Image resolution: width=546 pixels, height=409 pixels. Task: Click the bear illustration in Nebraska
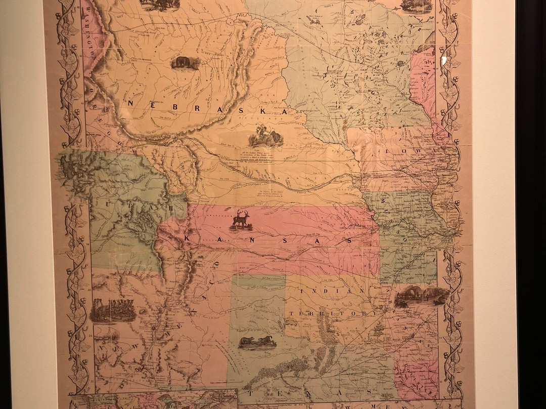(185, 63)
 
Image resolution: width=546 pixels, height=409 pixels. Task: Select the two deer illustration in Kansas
(241, 221)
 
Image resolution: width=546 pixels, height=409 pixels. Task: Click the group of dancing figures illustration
(112, 310)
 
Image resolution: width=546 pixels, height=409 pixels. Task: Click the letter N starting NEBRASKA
(131, 102)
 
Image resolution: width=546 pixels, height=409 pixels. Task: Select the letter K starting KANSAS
(189, 238)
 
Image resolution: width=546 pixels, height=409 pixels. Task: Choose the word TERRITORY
(333, 314)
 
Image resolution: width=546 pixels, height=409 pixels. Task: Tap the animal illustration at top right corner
(416, 5)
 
